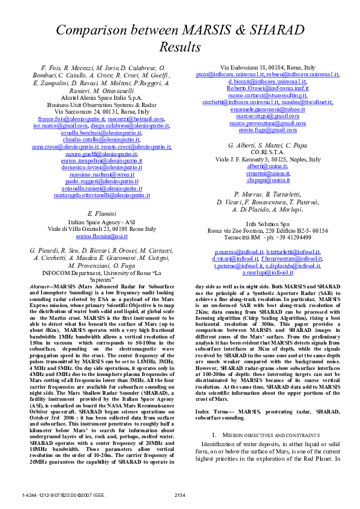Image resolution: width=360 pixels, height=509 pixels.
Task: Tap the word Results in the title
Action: pyautogui.click(x=180, y=47)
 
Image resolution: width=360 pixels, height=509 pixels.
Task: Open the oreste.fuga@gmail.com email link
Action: pyautogui.click(x=267, y=130)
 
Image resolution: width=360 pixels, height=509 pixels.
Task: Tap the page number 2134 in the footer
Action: pyautogui.click(x=180, y=496)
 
